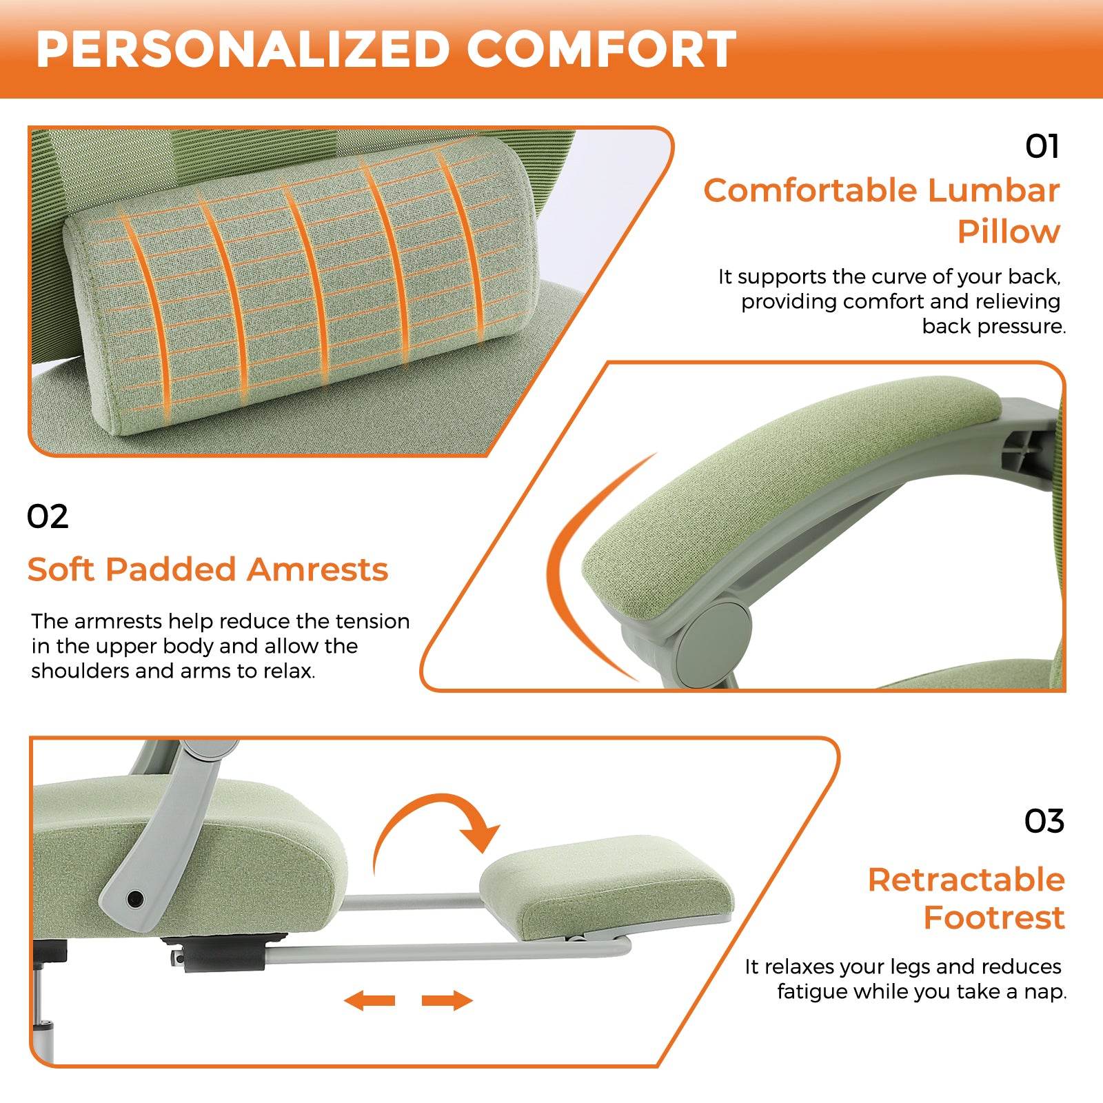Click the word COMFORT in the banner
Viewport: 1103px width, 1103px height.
(x=602, y=50)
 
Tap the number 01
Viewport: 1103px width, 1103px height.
(x=1042, y=147)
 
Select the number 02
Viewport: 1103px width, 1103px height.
(x=48, y=517)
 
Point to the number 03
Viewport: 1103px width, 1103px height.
(x=1044, y=821)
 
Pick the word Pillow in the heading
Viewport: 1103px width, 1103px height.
(x=1009, y=232)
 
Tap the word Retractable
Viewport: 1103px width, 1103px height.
(x=966, y=880)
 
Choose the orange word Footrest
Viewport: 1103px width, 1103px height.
(x=993, y=918)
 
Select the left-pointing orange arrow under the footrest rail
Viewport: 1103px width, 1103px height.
(x=370, y=1000)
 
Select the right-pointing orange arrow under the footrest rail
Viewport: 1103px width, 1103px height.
(x=447, y=1000)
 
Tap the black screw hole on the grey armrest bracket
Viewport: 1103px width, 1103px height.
(x=135, y=898)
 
